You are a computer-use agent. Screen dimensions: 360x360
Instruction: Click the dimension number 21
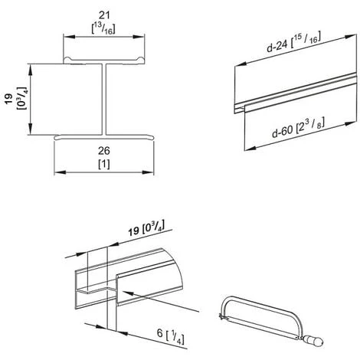104,15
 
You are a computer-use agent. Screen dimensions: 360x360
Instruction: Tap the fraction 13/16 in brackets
103,28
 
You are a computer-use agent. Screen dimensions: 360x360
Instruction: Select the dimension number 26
104,151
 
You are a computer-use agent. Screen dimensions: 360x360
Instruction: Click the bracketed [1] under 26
104,164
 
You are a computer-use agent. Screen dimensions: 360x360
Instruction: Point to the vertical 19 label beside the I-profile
9,99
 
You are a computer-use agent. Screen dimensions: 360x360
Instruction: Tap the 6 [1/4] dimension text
171,336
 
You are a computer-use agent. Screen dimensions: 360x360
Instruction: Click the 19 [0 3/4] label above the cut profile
146,228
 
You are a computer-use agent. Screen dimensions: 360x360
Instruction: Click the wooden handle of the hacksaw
313,340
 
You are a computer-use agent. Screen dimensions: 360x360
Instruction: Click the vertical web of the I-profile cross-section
104,99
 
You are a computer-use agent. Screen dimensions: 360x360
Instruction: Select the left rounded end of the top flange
67,60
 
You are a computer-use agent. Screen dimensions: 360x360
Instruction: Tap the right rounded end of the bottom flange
151,137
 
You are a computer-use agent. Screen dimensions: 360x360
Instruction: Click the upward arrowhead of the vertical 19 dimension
30,69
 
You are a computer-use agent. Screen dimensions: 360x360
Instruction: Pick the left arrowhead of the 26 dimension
60,172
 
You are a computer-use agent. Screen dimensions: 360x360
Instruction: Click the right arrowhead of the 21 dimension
139,37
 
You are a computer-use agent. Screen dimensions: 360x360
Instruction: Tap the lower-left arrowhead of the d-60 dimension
250,148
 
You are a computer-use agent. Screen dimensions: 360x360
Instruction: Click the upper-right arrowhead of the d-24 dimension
350,37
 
